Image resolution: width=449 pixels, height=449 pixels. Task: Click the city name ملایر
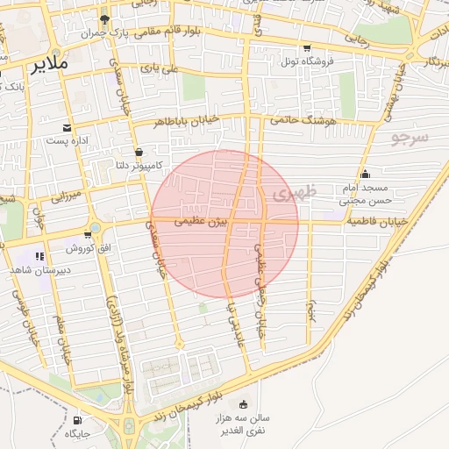tap(47, 66)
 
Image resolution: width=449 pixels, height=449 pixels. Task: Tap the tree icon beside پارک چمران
tap(105, 18)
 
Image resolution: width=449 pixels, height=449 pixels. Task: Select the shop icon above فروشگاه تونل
tap(306, 48)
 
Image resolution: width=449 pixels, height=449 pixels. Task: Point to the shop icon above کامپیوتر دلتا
tap(138, 152)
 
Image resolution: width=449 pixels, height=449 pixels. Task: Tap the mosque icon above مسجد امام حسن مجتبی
tap(365, 174)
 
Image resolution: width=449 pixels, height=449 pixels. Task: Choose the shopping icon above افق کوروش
tap(88, 234)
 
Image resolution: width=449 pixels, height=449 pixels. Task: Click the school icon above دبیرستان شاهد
tap(39, 256)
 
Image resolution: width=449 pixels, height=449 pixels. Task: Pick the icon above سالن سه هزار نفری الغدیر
tap(243, 404)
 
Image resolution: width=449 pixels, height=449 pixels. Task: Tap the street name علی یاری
tap(164, 68)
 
